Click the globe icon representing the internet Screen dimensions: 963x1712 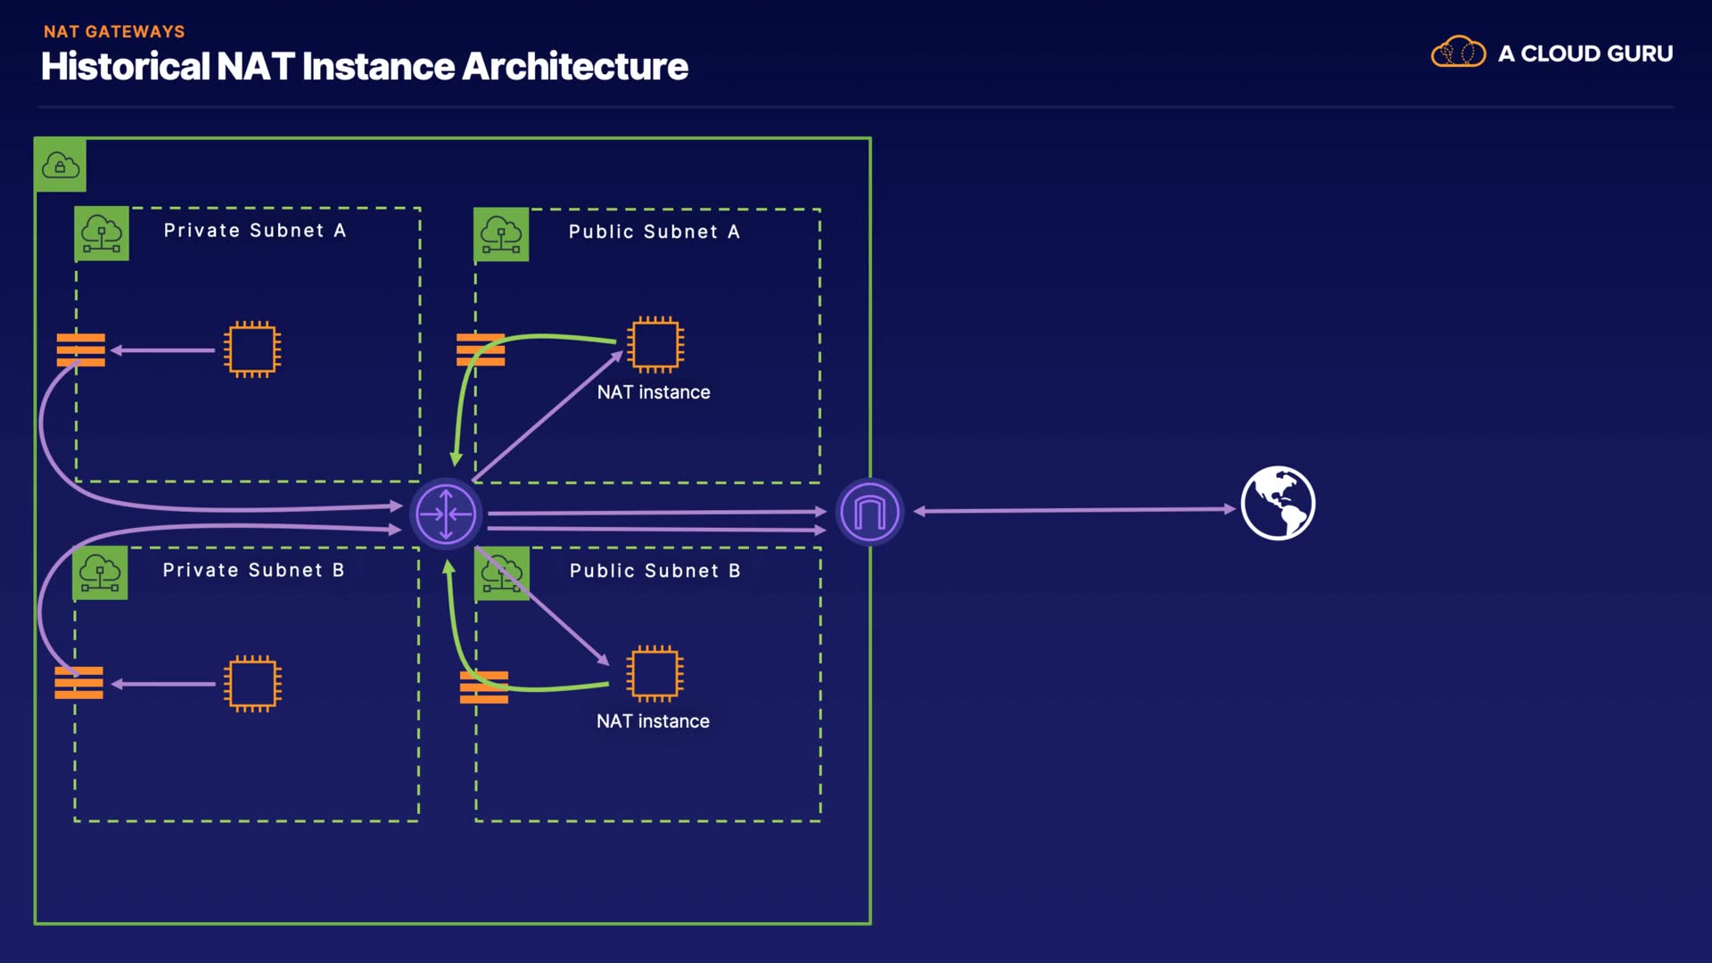[x=1278, y=503]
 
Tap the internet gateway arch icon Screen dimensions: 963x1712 [x=869, y=512]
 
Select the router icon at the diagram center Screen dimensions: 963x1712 [x=446, y=514]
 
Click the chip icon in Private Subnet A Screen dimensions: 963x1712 [x=252, y=349]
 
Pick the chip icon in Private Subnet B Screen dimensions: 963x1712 [x=252, y=684]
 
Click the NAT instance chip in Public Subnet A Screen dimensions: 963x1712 [x=655, y=344]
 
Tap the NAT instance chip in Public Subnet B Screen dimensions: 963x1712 [x=654, y=673]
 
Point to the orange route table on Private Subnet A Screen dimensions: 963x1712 [x=81, y=350]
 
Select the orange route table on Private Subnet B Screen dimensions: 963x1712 [x=78, y=683]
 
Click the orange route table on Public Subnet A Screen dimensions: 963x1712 [x=481, y=350]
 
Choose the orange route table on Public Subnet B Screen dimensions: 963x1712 [x=484, y=687]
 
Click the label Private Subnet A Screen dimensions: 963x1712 [x=254, y=230]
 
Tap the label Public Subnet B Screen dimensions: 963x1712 [x=654, y=571]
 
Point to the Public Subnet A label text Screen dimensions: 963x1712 [x=654, y=232]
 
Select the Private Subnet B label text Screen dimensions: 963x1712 [x=253, y=570]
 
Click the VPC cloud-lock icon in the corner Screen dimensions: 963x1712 [x=61, y=165]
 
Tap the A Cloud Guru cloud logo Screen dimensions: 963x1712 [x=1458, y=53]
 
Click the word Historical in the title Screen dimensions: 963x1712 [x=125, y=67]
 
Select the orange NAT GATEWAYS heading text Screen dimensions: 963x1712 [x=114, y=31]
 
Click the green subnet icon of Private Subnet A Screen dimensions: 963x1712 [x=102, y=234]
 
